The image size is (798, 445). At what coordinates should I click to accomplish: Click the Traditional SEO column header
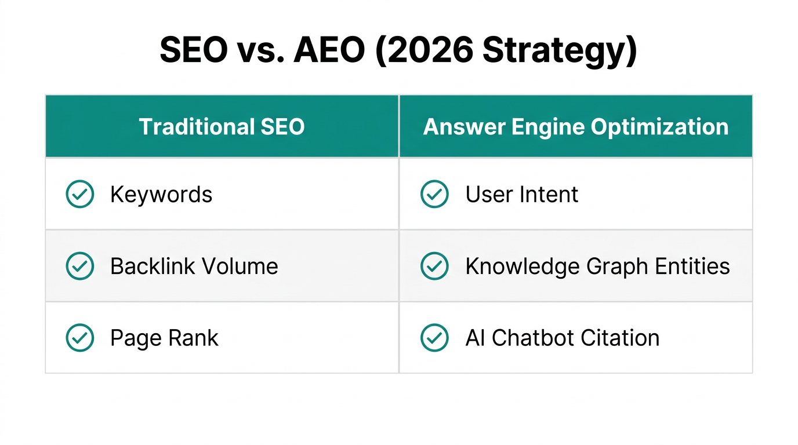point(222,127)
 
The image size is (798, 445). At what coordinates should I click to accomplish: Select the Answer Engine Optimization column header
point(575,127)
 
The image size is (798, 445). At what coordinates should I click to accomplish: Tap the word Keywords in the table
point(161,195)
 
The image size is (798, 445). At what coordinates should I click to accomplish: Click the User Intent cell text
point(521,195)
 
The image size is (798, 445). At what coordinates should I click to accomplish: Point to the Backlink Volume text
point(194,267)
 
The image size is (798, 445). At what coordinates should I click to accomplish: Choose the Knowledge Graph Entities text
point(597,267)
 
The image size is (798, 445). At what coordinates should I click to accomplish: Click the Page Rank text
point(164,338)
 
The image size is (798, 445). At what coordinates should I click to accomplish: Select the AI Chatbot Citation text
point(562,338)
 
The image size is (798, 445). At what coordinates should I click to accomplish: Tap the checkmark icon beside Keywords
point(80,195)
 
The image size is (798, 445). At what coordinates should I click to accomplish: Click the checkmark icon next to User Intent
point(434,195)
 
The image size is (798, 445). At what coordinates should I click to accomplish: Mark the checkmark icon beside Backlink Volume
point(80,267)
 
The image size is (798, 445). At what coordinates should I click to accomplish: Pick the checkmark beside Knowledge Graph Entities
point(434,267)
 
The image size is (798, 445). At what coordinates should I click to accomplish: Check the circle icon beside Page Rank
point(80,338)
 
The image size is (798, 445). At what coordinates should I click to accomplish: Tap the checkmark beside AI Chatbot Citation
point(434,338)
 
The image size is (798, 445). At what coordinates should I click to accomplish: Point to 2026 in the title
point(426,52)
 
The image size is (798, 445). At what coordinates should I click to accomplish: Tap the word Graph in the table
point(617,267)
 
